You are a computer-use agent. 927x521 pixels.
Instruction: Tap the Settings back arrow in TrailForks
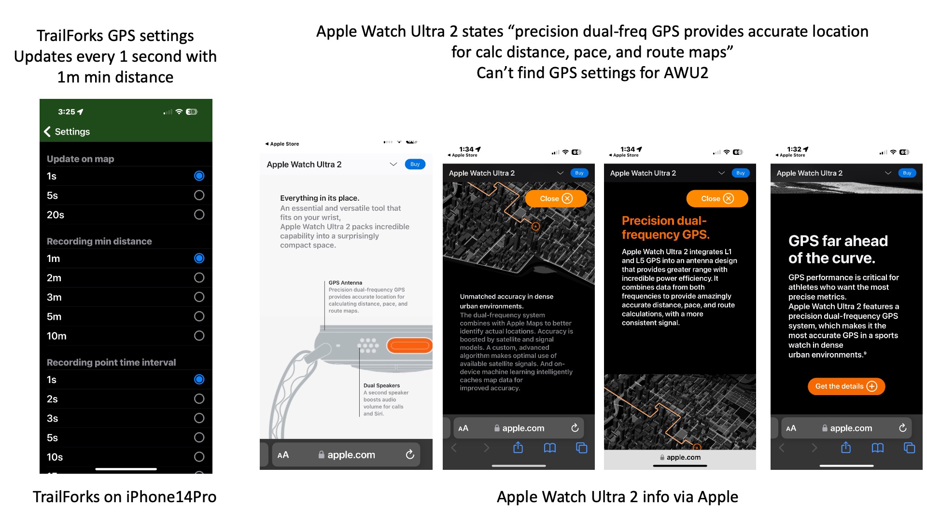[47, 132]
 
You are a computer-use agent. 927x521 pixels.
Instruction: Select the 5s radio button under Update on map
[199, 195]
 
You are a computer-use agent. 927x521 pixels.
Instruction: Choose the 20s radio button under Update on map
[199, 215]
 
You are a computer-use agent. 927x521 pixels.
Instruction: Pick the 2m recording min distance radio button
[199, 278]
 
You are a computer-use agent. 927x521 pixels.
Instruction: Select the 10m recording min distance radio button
[199, 336]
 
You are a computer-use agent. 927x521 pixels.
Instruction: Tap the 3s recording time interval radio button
[199, 418]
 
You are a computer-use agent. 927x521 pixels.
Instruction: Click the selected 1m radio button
[199, 259]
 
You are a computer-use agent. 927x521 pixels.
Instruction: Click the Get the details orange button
[846, 386]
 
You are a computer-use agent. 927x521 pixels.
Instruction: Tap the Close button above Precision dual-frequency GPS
[717, 199]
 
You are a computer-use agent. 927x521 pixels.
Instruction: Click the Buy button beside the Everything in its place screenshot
[415, 165]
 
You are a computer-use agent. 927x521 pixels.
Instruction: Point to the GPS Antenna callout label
[345, 283]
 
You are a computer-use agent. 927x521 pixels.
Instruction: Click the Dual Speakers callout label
[381, 385]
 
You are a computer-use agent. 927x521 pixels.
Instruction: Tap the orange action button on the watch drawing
[409, 345]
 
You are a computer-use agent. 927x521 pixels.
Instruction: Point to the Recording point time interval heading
[111, 362]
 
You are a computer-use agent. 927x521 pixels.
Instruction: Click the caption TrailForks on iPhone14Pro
[125, 497]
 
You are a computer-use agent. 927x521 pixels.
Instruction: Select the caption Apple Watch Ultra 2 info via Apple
[618, 497]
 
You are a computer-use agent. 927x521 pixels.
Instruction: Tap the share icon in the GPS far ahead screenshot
[846, 448]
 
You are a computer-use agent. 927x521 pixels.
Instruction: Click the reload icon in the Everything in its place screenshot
[410, 454]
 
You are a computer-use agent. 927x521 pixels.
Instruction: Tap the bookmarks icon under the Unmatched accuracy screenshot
[550, 448]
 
